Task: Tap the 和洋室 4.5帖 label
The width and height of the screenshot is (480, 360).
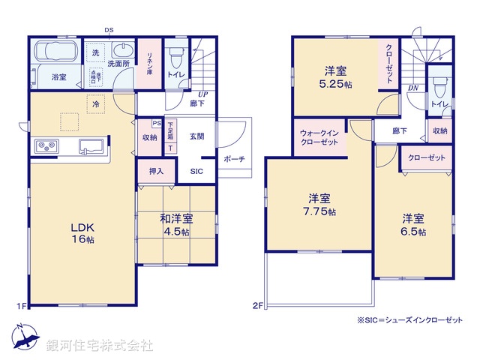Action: tap(175, 225)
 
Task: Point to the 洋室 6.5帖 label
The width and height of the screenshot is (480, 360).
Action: tap(412, 225)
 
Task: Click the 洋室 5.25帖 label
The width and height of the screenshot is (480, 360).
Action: tap(335, 77)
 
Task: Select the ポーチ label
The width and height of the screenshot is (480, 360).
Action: tap(231, 158)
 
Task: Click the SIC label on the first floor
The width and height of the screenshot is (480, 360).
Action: tap(196, 171)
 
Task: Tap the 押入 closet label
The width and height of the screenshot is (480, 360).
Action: tap(156, 172)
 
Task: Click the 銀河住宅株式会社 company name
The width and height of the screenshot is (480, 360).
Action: tap(100, 346)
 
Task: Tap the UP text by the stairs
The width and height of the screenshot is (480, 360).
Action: tap(202, 94)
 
